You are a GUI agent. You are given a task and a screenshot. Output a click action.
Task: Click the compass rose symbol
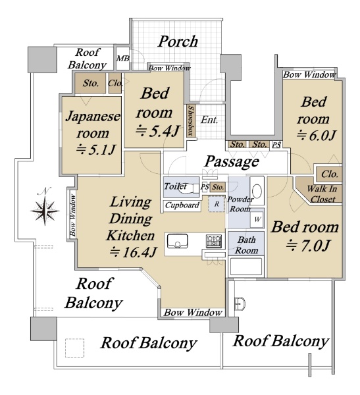coord(45,211)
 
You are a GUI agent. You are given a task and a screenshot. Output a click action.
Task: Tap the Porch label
coord(178,41)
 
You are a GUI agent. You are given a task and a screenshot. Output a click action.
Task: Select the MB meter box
coord(122,59)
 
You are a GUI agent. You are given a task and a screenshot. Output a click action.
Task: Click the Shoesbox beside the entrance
coord(192,120)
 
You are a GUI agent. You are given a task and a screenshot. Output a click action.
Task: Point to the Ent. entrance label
coord(209,120)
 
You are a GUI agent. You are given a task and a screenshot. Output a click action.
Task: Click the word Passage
coord(232,161)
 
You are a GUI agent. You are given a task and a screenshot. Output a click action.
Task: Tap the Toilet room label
coord(176,186)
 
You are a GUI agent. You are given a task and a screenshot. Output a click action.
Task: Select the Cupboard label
coord(182,205)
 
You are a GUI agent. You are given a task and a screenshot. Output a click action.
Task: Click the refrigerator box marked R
coord(217,204)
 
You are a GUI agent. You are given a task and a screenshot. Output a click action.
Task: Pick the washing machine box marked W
coord(257,219)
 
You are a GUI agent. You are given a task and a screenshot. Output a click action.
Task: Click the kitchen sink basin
coord(178,242)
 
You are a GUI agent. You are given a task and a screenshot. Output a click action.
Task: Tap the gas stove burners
coord(214,240)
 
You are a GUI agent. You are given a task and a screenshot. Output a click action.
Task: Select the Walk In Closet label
coord(322,194)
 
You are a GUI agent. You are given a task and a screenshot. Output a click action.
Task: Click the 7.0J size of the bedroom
coord(308,245)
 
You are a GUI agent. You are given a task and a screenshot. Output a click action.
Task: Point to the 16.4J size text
coord(134,252)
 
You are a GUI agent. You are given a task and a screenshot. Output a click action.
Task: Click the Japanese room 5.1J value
coord(96,149)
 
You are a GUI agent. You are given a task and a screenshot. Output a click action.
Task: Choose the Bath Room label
coord(246,245)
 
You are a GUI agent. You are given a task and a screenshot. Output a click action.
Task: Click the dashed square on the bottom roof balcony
coord(74,348)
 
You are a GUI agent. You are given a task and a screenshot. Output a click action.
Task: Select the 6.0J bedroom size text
coord(317,136)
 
